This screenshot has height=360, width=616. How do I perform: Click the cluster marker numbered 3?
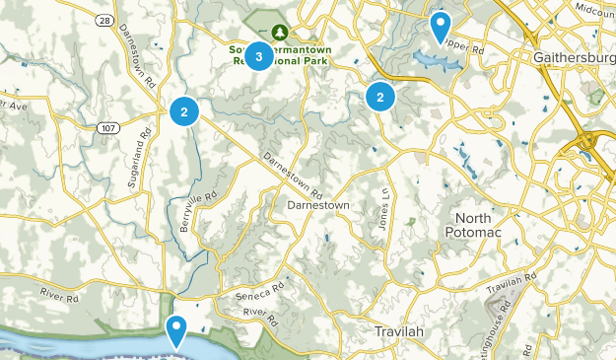(258, 56)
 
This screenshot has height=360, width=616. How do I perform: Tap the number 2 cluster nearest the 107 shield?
(184, 110)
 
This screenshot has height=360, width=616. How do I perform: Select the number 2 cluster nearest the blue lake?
(379, 97)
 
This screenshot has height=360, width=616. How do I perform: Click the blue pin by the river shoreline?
(177, 329)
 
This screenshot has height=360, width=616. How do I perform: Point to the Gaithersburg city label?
(574, 57)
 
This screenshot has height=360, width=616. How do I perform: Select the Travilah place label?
(399, 331)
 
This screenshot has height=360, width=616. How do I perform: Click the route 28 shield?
(104, 19)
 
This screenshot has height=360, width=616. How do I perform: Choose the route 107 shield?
(108, 126)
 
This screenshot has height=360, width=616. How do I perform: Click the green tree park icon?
(280, 31)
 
